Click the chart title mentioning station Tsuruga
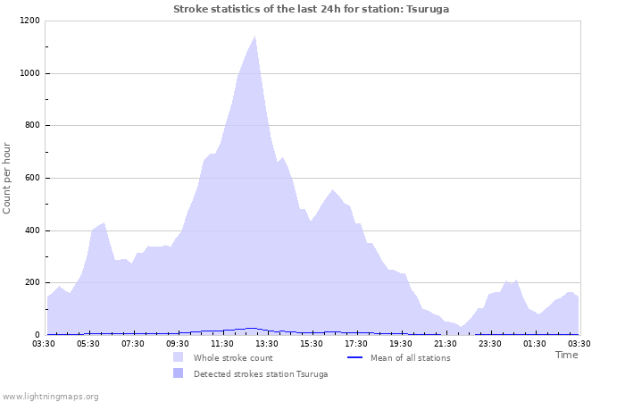pos(311,9)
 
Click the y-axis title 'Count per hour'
pos(8,177)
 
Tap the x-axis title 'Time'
pos(566,355)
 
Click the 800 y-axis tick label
pos(31,126)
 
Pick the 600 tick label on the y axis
pos(31,179)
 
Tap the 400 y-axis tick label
pos(31,231)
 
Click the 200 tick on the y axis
pos(31,283)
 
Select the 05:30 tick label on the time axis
pos(88,343)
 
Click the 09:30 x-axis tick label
pos(178,343)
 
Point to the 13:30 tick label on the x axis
pos(267,343)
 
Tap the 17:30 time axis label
pos(356,343)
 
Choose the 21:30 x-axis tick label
pos(446,343)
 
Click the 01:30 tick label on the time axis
pos(535,343)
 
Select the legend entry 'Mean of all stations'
pos(410,358)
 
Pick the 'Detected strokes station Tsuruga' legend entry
pos(260,374)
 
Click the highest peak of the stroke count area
pos(255,37)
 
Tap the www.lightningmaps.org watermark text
pos(50,396)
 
